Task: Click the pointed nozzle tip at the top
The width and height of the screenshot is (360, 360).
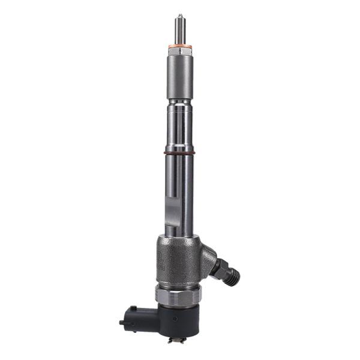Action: click(179, 15)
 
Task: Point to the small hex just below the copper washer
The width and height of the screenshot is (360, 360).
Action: click(179, 53)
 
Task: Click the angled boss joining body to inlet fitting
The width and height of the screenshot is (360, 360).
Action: click(207, 258)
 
